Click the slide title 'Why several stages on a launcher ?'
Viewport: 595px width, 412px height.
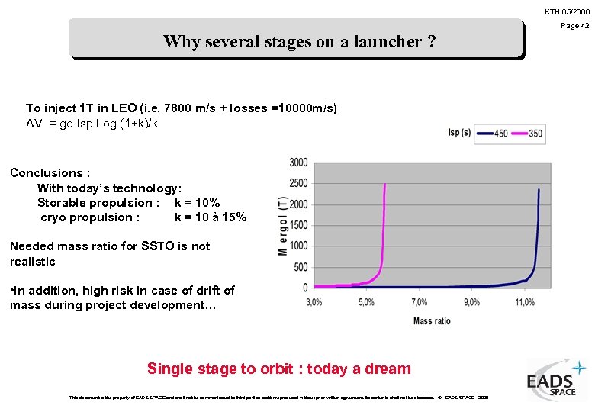[x=299, y=41]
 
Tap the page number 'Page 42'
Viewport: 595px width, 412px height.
[x=575, y=26]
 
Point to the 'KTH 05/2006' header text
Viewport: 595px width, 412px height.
[x=567, y=11]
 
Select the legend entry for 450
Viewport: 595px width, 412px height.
[x=493, y=134]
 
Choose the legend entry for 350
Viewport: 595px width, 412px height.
[x=526, y=134]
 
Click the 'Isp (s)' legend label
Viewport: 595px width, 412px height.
[x=460, y=134]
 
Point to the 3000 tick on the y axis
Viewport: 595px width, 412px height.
[x=298, y=163]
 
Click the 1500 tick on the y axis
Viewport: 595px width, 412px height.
[x=298, y=225]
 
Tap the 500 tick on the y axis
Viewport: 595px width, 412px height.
[x=301, y=267]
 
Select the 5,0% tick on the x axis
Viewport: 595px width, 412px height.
[x=366, y=303]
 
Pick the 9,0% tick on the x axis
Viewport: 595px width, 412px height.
[x=471, y=303]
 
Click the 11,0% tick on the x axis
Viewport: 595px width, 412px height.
[x=525, y=303]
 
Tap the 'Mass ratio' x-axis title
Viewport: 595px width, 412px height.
[x=432, y=320]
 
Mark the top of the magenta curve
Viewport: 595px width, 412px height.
[x=384, y=185]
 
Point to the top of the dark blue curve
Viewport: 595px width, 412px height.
[x=539, y=189]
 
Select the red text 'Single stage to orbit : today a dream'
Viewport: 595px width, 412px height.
[x=278, y=369]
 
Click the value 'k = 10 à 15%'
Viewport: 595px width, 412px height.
[x=211, y=217]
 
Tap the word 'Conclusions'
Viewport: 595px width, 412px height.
[x=45, y=173]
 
